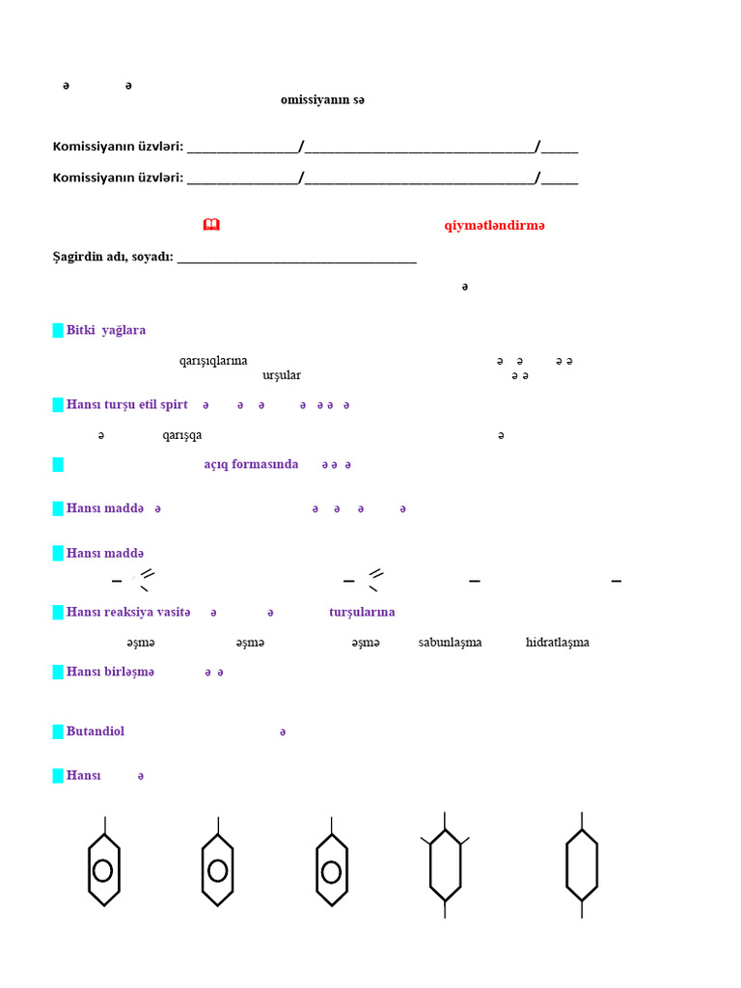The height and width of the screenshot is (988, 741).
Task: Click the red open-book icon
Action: (211, 225)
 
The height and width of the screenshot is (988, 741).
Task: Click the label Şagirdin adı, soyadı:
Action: (112, 257)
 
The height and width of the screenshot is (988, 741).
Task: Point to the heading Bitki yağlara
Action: (106, 330)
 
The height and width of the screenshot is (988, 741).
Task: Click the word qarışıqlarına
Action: (213, 361)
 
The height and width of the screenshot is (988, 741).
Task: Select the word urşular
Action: (281, 374)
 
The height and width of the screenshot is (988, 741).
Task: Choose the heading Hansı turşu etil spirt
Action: (127, 404)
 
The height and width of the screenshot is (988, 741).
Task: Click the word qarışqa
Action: (182, 435)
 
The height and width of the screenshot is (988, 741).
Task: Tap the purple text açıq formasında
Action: (251, 464)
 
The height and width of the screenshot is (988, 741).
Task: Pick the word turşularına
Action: (362, 612)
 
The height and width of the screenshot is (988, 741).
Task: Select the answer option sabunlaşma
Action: (450, 643)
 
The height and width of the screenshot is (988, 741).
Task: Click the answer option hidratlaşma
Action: (558, 643)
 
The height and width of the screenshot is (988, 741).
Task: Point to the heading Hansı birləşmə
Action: (110, 672)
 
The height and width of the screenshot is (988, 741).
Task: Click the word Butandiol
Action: (96, 731)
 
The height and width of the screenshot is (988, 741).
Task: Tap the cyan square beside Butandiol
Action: (58, 731)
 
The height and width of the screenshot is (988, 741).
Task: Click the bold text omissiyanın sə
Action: (322, 100)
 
